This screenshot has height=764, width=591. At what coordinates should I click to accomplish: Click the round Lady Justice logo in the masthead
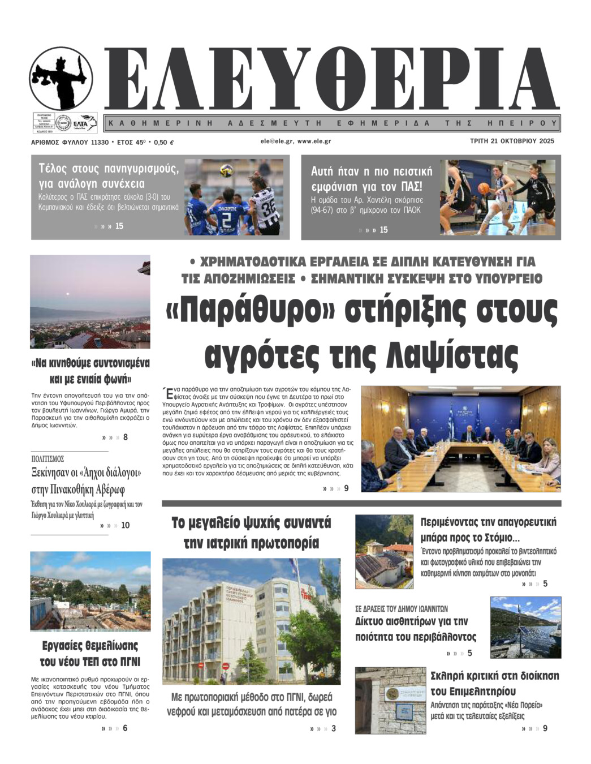pos(61,78)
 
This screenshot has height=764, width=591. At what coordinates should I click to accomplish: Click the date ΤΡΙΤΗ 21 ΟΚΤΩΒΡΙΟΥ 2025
pos(512,141)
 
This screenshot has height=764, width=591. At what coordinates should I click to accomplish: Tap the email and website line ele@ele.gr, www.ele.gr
pos(295,141)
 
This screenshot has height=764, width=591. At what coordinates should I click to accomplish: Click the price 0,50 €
pos(163,143)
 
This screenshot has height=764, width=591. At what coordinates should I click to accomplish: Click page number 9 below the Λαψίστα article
pos(347,488)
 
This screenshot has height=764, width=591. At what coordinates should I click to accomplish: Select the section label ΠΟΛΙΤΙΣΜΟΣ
pos(48,459)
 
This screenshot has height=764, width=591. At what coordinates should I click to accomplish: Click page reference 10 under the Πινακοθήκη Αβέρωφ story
pos(125,525)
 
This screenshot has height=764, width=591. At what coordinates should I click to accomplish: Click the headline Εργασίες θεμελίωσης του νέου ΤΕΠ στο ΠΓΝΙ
pos(90,654)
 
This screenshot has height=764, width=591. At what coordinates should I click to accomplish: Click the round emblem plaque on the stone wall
pos(390,694)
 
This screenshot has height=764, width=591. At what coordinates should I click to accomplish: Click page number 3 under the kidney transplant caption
pos(334,728)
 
